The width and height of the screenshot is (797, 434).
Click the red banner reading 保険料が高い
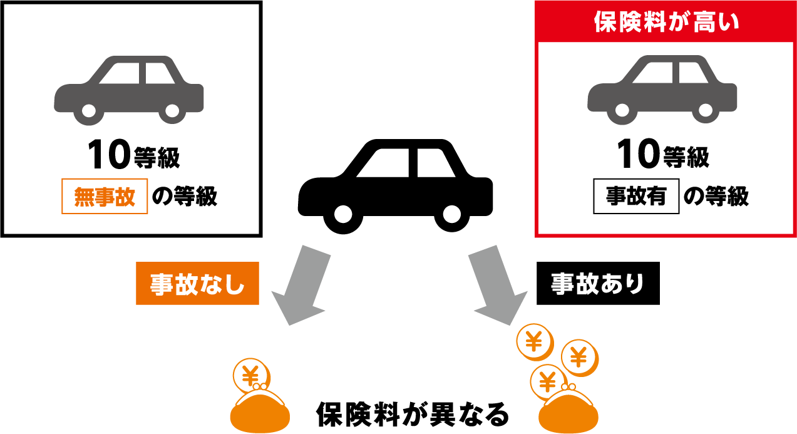tap(666, 21)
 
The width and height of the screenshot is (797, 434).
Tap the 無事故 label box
tap(105, 197)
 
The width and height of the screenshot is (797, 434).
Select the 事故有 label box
tap(636, 197)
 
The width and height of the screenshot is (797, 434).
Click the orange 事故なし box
tap(197, 284)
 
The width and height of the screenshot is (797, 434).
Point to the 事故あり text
tap(597, 284)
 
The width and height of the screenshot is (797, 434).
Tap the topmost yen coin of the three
tap(534, 341)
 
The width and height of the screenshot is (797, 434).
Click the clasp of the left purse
tap(259, 386)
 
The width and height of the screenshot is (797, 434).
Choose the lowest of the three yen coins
tap(548, 381)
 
